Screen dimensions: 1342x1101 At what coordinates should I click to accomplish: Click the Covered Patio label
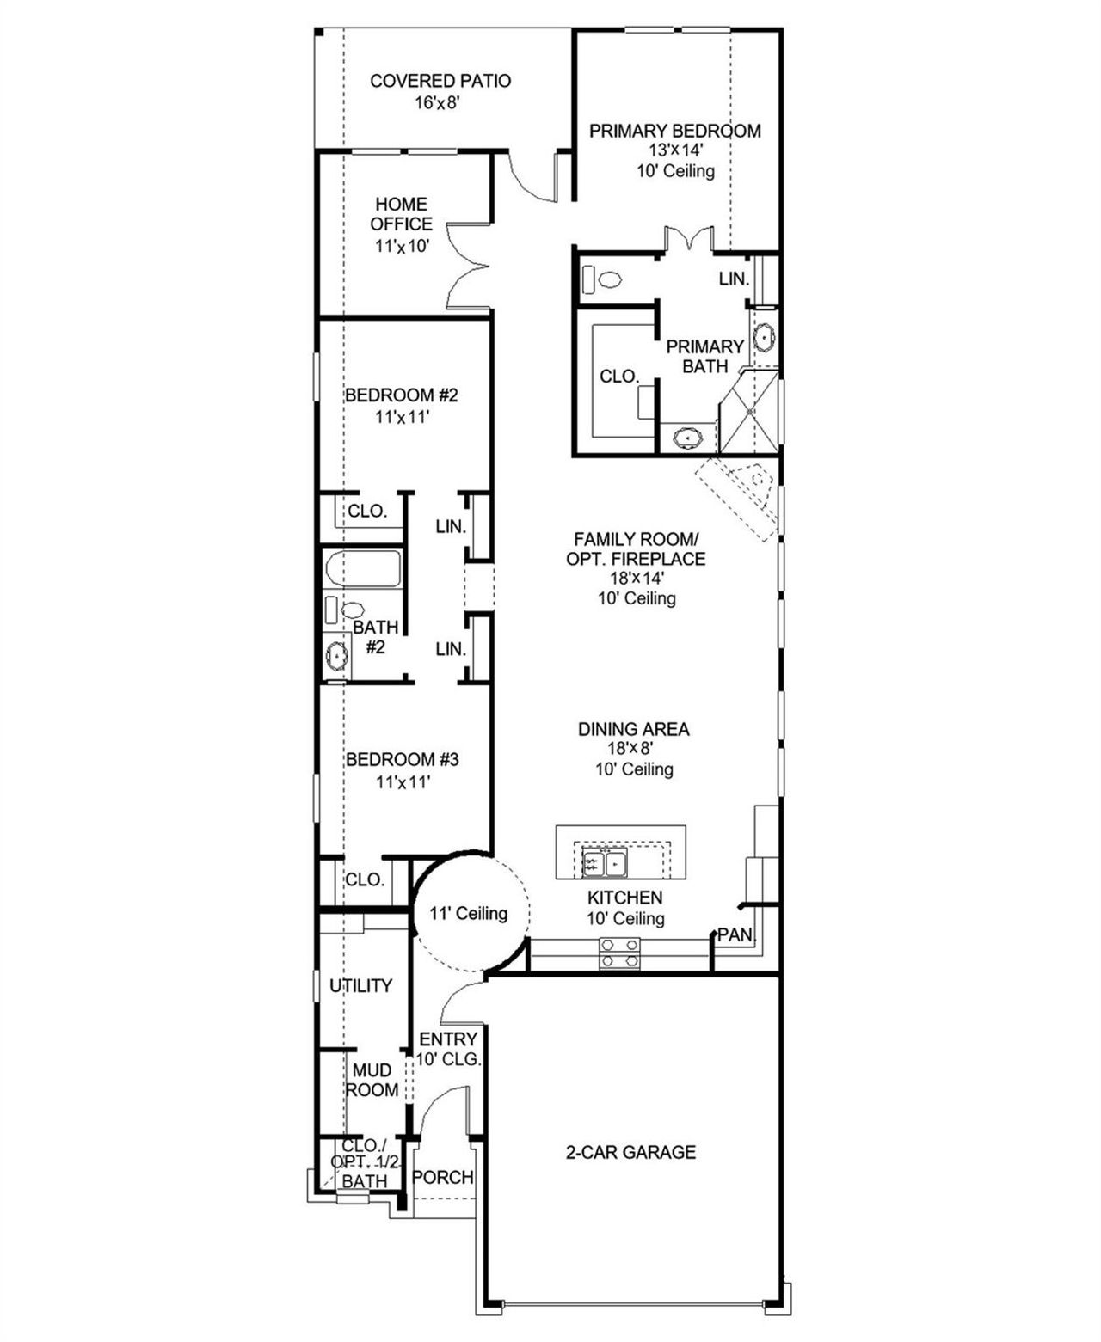click(440, 81)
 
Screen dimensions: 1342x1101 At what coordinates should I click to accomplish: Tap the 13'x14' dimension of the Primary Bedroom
click(676, 150)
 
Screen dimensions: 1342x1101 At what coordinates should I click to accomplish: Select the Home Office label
click(401, 214)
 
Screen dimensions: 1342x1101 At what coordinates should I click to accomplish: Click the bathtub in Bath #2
click(363, 570)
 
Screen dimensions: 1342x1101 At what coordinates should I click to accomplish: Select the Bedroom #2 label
click(401, 395)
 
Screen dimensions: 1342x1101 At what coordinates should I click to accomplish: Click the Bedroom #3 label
click(402, 760)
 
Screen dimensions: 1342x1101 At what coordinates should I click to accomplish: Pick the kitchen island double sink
click(605, 863)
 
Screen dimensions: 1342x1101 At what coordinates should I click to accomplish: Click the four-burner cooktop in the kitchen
click(620, 953)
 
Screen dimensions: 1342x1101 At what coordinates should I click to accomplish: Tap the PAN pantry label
click(735, 934)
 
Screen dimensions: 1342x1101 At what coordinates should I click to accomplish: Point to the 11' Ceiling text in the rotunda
click(469, 913)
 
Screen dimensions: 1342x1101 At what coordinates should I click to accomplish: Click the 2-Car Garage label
click(630, 1152)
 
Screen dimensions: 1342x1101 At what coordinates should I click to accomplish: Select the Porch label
click(443, 1177)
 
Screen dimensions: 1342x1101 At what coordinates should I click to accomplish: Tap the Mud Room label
click(372, 1080)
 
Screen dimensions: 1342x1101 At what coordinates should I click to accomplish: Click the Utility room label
click(360, 986)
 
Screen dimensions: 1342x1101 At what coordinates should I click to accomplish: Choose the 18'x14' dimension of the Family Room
click(637, 579)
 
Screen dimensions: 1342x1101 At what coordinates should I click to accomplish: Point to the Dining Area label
click(633, 729)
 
